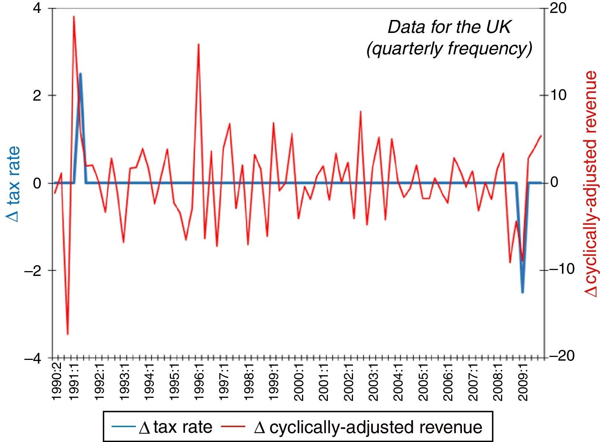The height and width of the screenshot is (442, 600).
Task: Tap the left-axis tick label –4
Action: (34, 358)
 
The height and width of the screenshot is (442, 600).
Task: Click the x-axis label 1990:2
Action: (56, 382)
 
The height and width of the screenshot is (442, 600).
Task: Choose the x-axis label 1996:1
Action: (199, 382)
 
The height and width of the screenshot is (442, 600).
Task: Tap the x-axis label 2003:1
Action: (374, 382)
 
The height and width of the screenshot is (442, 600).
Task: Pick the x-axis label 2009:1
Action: (523, 382)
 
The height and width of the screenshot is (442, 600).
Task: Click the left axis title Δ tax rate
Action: (14, 183)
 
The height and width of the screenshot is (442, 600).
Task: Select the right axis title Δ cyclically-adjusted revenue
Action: (590, 183)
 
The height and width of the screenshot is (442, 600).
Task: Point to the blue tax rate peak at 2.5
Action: (80, 74)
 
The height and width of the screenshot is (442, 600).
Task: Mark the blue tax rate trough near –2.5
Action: (522, 292)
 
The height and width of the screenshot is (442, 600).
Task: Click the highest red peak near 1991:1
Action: (74, 16)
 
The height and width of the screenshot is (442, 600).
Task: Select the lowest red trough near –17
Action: (68, 334)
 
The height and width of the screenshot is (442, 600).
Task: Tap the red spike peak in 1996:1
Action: (199, 44)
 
